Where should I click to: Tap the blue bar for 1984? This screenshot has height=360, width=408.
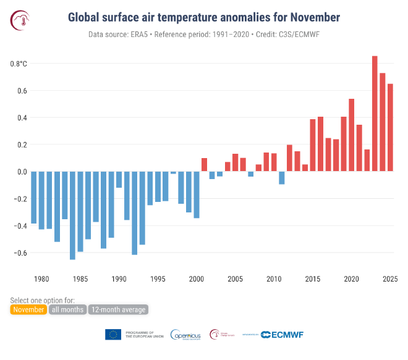72,216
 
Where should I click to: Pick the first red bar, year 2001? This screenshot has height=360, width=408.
204,165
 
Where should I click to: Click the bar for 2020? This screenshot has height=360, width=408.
352,135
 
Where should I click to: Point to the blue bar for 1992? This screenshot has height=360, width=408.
134,213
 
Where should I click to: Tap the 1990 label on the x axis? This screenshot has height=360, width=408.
119,279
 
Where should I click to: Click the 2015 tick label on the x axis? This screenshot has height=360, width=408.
313,279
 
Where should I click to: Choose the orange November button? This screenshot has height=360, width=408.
28,309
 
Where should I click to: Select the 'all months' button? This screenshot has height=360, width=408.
67,309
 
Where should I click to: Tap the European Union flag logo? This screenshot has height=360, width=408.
113,334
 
